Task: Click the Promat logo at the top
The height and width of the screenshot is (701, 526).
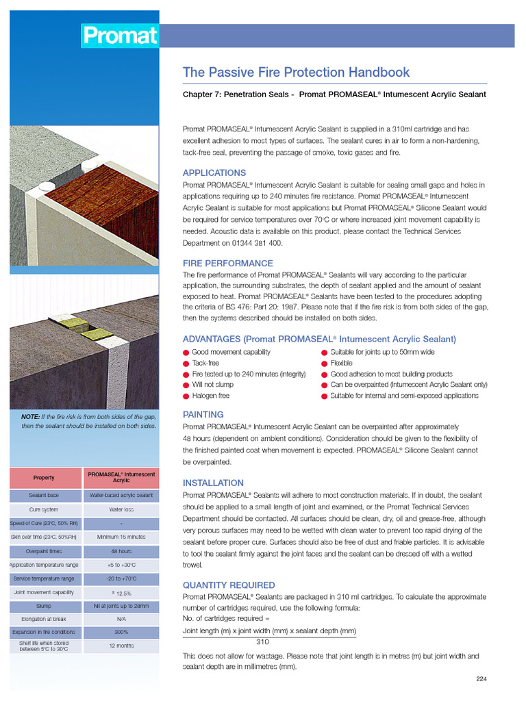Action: (x=120, y=36)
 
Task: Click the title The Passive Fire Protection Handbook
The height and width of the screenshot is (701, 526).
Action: (x=296, y=73)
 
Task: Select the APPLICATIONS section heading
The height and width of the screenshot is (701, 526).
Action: (x=214, y=173)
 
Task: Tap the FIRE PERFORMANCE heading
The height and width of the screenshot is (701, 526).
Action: (x=227, y=263)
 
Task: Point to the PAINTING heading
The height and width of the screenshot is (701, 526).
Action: (x=203, y=414)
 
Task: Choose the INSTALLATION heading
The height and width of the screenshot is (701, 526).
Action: (x=213, y=483)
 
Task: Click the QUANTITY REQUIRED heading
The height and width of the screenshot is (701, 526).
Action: (x=229, y=585)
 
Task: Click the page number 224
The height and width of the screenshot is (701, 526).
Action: (x=481, y=678)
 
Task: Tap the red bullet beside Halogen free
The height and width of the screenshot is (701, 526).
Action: (x=186, y=396)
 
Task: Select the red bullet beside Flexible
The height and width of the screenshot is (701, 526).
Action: (x=325, y=364)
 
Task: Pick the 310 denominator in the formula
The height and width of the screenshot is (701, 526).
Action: (x=263, y=642)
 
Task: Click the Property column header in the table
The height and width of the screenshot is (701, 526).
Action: (x=44, y=477)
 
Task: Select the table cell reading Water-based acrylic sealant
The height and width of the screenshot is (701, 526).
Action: (x=121, y=495)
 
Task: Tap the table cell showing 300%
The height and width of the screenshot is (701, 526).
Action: (x=121, y=632)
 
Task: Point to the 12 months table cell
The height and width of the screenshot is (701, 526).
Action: (x=121, y=646)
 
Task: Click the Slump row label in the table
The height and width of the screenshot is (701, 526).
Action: (x=44, y=606)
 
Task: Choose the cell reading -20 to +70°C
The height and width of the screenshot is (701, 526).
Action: (x=121, y=579)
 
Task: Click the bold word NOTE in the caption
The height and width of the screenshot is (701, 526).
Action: (x=31, y=417)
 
